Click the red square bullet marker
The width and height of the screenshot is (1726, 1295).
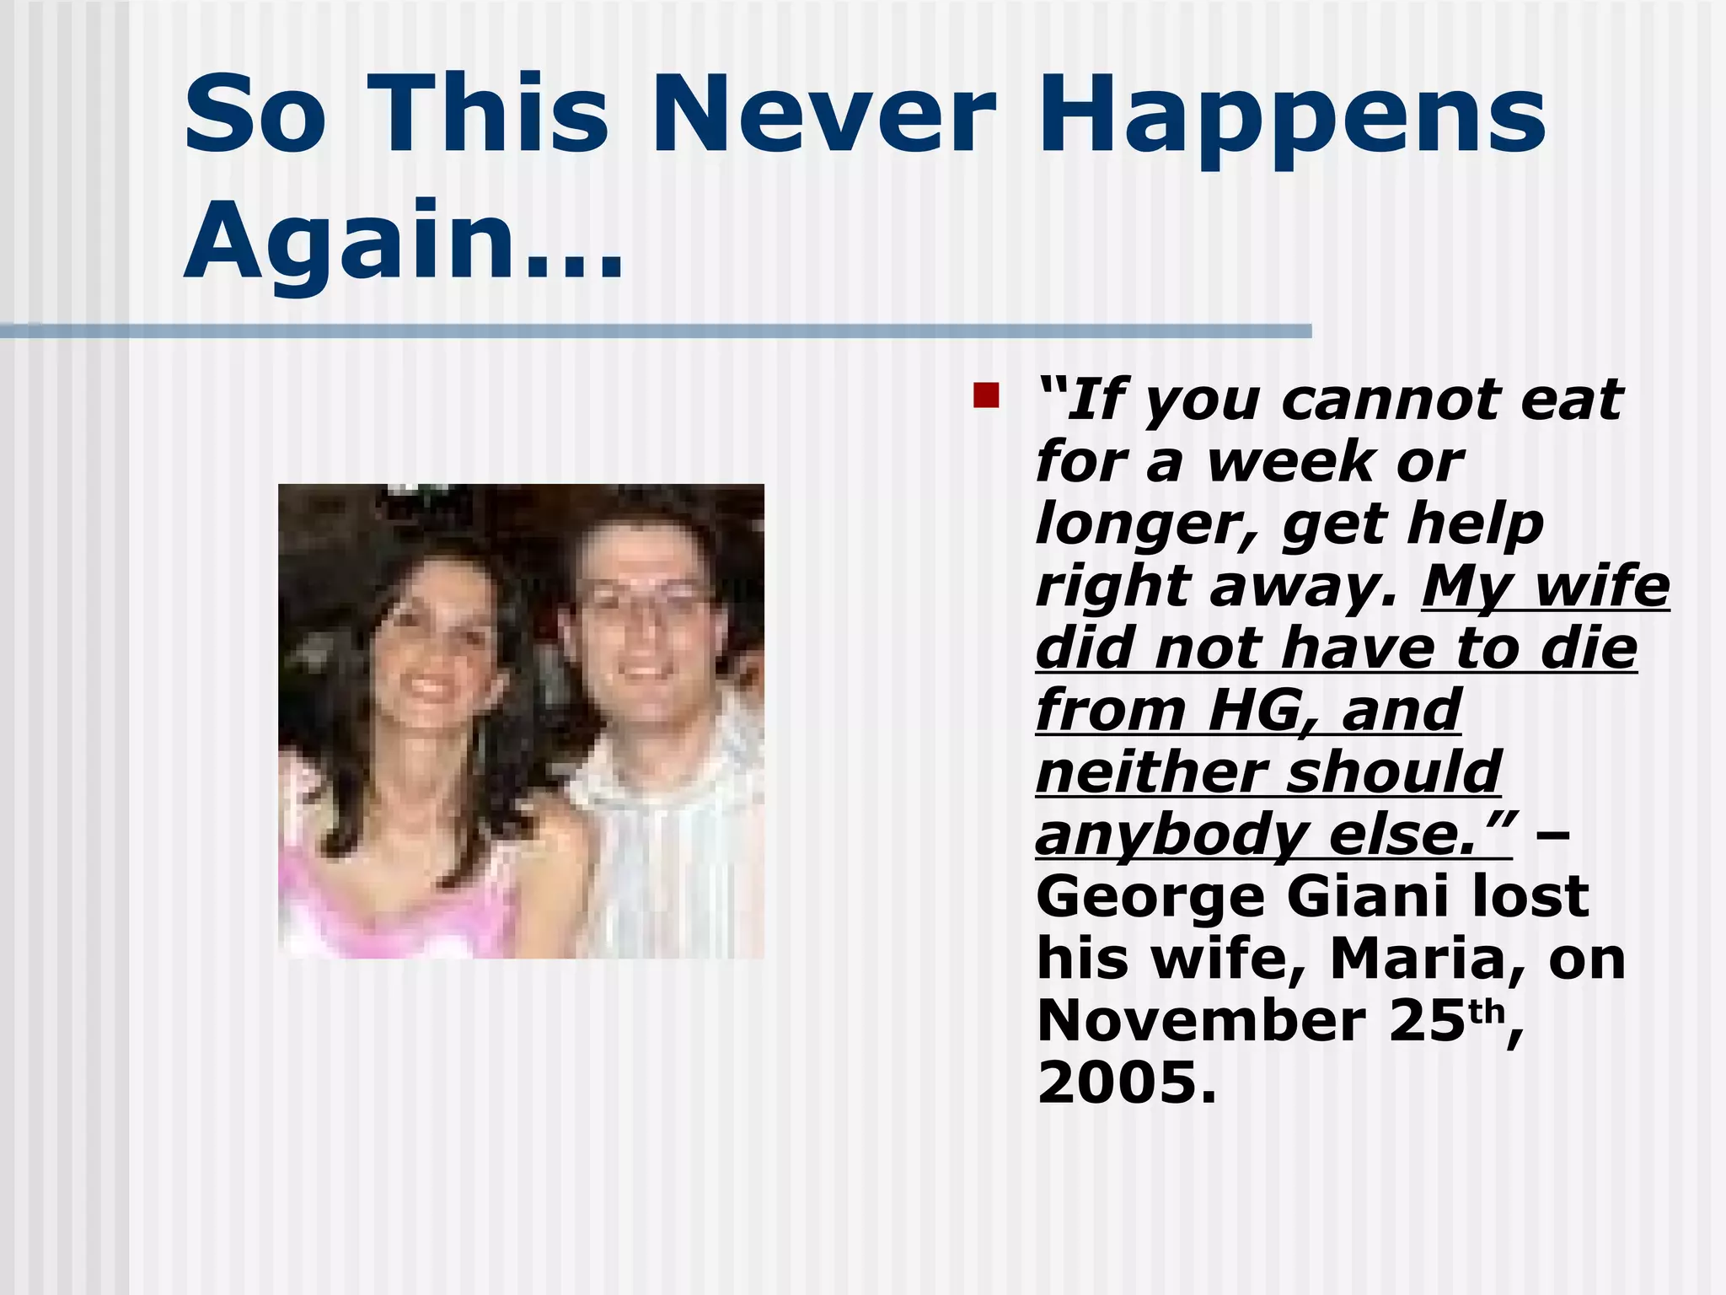click(x=985, y=395)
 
